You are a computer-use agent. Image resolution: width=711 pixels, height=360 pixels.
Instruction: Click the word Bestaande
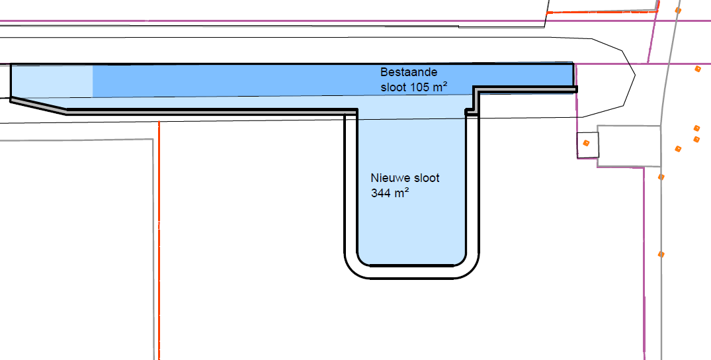pyautogui.click(x=409, y=72)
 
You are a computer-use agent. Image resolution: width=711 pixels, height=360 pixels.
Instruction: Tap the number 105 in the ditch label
pyautogui.click(x=420, y=87)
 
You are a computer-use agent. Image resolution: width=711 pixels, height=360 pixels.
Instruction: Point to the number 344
pyautogui.click(x=380, y=193)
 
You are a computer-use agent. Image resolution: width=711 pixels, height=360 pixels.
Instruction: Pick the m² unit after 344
pyautogui.click(x=401, y=193)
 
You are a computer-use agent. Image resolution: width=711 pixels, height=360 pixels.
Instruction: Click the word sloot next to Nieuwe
pyautogui.click(x=427, y=178)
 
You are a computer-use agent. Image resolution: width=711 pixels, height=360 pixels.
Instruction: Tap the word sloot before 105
pyautogui.click(x=394, y=87)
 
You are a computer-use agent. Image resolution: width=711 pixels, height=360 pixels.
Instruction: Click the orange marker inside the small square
pyautogui.click(x=586, y=143)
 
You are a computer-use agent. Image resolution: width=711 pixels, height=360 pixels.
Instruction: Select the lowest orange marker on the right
pyautogui.click(x=661, y=254)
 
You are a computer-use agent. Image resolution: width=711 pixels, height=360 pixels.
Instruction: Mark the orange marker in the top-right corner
pyautogui.click(x=678, y=10)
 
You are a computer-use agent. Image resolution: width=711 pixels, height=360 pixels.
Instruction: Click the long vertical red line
pyautogui.click(x=159, y=240)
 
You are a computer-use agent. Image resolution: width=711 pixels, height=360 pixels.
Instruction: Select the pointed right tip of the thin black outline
pyautogui.click(x=635, y=76)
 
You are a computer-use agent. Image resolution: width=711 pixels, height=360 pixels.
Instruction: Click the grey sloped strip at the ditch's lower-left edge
pyautogui.click(x=38, y=106)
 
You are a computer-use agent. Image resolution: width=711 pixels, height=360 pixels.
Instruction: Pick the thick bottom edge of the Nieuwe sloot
pyautogui.click(x=411, y=265)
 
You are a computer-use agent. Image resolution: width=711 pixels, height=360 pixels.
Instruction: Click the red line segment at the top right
pyautogui.click(x=603, y=11)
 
